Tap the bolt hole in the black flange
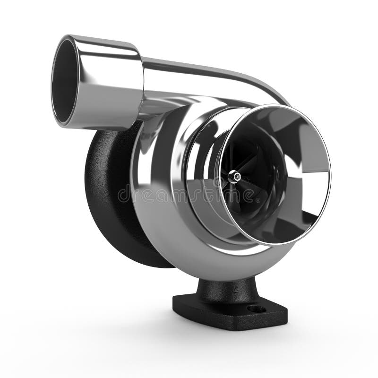[257, 309]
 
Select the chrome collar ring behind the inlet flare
[198, 161]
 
